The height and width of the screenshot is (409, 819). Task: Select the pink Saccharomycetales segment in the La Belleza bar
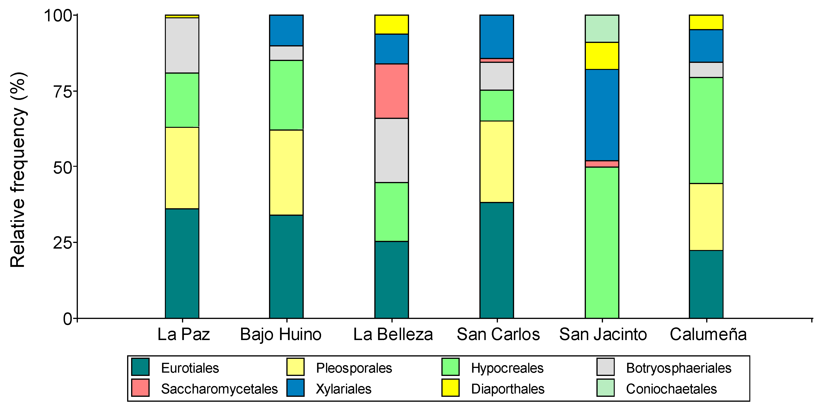(x=391, y=91)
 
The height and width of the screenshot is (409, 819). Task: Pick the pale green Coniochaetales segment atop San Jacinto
(x=602, y=28)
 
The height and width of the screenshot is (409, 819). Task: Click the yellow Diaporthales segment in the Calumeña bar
(x=706, y=22)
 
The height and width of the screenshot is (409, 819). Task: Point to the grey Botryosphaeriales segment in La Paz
(x=182, y=45)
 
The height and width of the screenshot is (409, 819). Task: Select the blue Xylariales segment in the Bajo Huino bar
(x=286, y=30)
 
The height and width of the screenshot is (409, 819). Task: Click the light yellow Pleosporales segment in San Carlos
(x=496, y=161)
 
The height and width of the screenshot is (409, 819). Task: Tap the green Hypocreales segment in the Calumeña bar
(x=706, y=130)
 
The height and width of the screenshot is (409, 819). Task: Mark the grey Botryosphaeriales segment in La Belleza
(x=391, y=150)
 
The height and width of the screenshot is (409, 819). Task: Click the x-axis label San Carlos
(x=498, y=334)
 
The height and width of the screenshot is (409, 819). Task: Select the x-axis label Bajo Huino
(x=281, y=334)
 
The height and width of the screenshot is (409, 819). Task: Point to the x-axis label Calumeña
(x=708, y=334)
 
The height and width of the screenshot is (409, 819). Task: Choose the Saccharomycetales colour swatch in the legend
(x=140, y=387)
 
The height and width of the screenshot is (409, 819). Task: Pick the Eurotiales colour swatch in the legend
(x=140, y=367)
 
